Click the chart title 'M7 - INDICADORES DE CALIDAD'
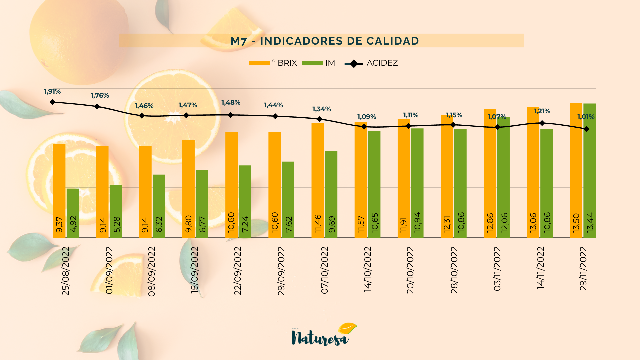pyautogui.click(x=325, y=41)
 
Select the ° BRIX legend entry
pyautogui.click(x=273, y=63)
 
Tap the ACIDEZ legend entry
pyautogui.click(x=371, y=63)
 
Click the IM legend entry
pyautogui.click(x=318, y=63)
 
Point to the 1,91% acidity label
pyautogui.click(x=52, y=91)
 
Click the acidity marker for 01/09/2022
pyautogui.click(x=97, y=107)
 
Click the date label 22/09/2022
pyautogui.click(x=237, y=271)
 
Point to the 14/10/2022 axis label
pyautogui.click(x=367, y=269)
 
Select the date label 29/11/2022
pyautogui.click(x=583, y=269)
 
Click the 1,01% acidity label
pyautogui.click(x=586, y=117)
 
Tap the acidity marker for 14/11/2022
pyautogui.click(x=542, y=123)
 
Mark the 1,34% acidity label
pyautogui.click(x=321, y=109)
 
